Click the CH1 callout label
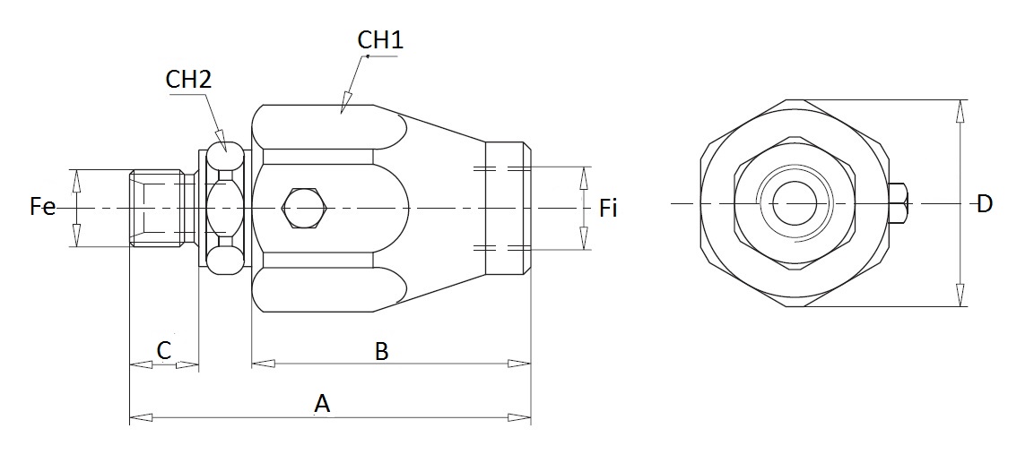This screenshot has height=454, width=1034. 380,39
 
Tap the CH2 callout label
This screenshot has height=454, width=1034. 188,80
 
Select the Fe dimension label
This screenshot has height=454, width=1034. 43,207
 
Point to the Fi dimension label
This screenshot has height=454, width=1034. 608,209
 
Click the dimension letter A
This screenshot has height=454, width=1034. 322,403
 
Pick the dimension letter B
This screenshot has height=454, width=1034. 382,351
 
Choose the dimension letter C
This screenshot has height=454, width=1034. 164,350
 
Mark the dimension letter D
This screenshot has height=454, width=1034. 984,203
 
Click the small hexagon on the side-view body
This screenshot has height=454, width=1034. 303,209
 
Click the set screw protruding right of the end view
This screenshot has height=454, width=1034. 899,203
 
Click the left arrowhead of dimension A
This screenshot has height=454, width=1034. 130,417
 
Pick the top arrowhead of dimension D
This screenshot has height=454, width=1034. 960,101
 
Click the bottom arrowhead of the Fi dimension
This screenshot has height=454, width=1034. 583,248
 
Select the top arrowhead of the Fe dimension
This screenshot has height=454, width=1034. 76,170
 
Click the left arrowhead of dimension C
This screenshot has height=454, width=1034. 130,364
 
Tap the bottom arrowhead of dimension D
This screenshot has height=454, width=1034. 960,305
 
